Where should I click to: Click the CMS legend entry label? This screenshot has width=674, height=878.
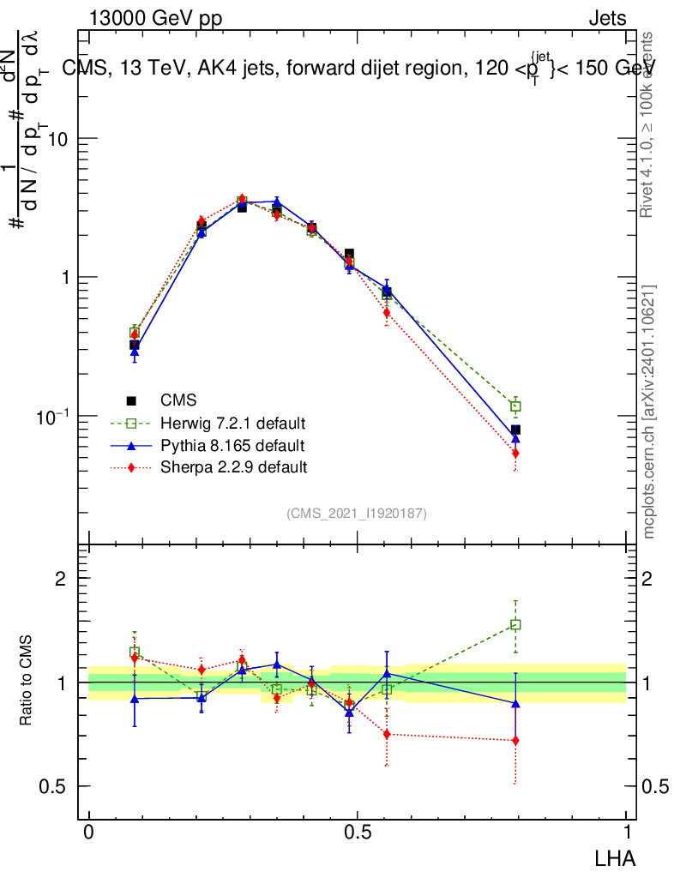pos(178,400)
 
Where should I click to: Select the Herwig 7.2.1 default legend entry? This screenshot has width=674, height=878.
pos(232,423)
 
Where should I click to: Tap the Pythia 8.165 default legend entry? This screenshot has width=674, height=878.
pos(232,445)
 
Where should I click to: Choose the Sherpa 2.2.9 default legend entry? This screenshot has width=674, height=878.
pos(233,467)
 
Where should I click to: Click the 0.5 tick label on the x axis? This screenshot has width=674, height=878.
pos(357,833)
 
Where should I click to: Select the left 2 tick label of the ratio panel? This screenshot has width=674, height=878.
pos(61,579)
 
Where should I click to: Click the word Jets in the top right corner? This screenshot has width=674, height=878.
pos(606,19)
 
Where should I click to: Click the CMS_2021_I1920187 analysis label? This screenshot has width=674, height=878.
pos(357,513)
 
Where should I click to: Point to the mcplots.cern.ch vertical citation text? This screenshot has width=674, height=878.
pos(649,412)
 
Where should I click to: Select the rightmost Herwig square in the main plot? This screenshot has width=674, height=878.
pos(515,406)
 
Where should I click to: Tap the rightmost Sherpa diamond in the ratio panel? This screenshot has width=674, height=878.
pos(515,740)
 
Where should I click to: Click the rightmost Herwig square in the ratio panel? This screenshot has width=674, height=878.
pos(515,625)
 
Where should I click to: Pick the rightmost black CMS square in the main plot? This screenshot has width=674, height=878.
pos(515,430)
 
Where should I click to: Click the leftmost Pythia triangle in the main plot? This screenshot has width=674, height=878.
pos(135,352)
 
